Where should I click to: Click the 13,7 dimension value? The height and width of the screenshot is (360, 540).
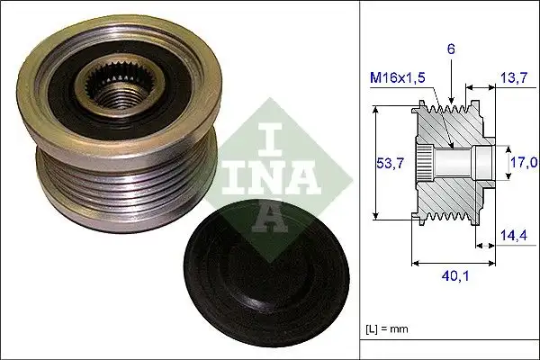click(515, 79)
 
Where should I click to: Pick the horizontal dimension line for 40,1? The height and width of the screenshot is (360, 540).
click(451, 264)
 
